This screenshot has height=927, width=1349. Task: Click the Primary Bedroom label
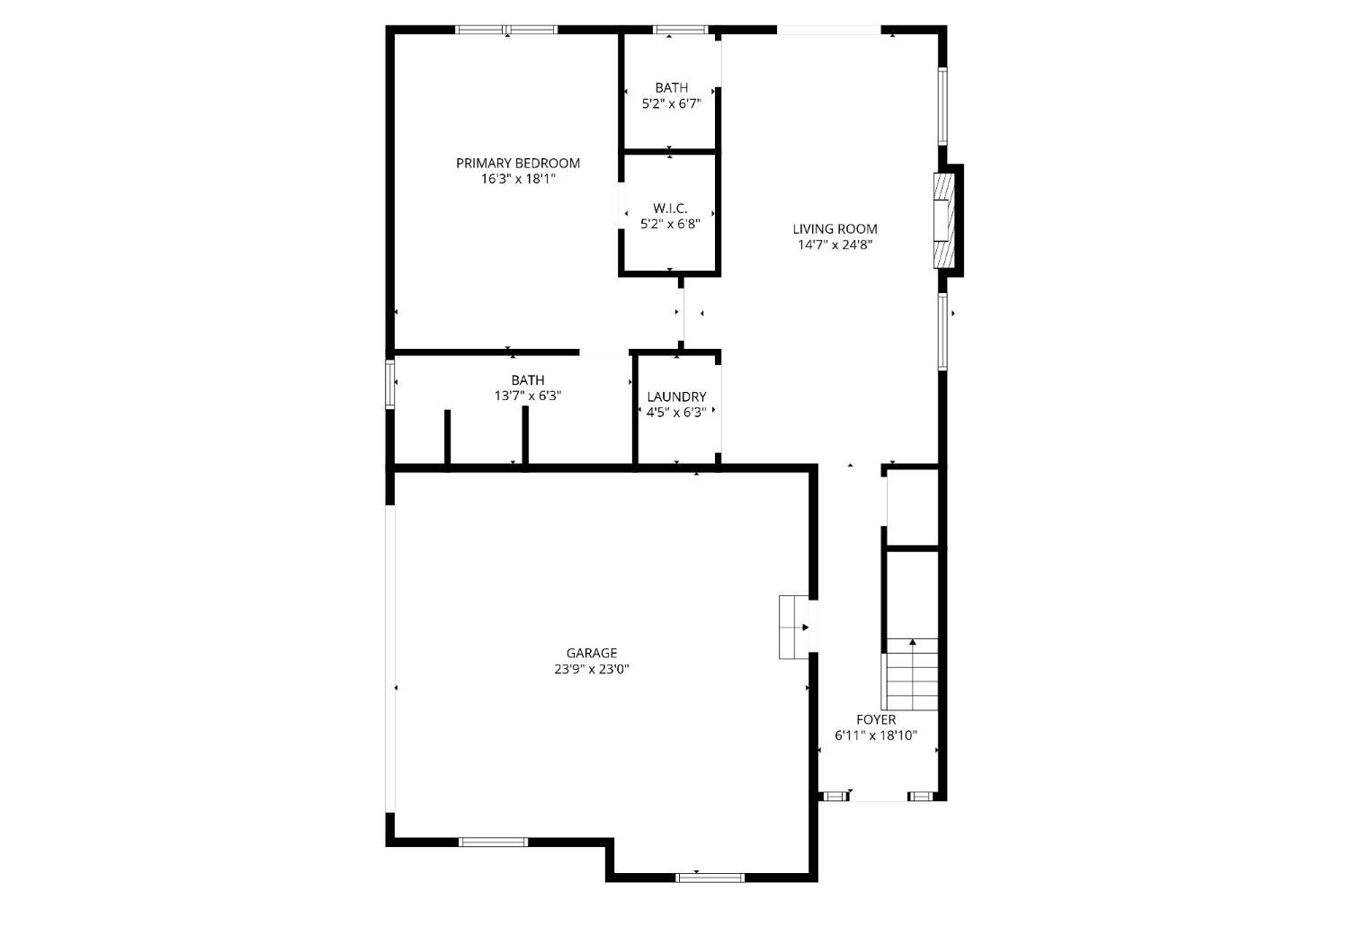point(518,163)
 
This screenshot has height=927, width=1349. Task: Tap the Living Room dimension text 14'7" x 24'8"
point(835,245)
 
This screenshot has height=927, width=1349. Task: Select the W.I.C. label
point(670,209)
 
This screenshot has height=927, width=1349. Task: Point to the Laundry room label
point(676,397)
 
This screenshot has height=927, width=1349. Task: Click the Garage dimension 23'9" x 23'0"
point(592,669)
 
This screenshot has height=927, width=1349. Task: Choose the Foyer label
point(876,719)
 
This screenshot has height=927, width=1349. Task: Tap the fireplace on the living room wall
point(944,220)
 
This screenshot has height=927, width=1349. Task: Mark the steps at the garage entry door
point(794,628)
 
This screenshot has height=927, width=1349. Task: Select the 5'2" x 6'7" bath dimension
point(672,103)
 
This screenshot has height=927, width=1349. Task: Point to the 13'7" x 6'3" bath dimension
point(528,397)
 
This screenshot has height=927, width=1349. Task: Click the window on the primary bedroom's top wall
point(506,30)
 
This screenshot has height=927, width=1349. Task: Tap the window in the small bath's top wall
point(681,30)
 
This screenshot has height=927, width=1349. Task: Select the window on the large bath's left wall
point(389,384)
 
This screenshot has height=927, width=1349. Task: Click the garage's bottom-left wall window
point(493,842)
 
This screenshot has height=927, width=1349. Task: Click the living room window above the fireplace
point(943,106)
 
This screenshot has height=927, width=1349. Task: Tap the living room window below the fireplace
point(943,331)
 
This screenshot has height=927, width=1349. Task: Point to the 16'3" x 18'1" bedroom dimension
point(518,179)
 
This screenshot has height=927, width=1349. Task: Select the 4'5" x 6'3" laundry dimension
point(676,413)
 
